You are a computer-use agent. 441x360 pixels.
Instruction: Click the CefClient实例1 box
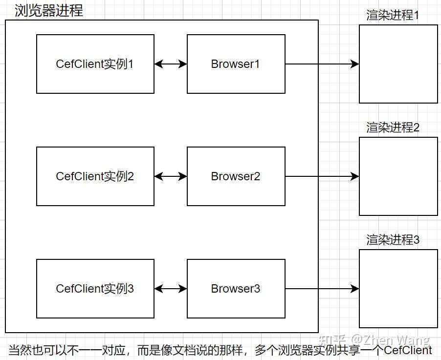95,64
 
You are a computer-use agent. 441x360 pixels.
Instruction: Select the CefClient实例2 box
95,176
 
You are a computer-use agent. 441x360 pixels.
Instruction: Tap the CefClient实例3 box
95,289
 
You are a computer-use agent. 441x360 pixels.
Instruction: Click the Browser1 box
236,64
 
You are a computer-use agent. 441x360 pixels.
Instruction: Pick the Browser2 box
236,176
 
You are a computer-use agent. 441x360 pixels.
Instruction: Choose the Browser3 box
236,289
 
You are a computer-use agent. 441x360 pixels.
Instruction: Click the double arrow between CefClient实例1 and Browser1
171,64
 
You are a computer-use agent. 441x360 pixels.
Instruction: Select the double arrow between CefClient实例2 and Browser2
171,176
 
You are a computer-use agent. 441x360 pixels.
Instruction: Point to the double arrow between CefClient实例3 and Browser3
171,289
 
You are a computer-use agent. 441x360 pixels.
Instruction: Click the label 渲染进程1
393,15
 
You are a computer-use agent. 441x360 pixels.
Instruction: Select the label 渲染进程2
393,127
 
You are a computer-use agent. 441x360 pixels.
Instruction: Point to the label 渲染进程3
393,240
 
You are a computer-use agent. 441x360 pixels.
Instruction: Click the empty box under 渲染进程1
398,64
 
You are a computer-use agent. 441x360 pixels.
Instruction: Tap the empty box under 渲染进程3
398,289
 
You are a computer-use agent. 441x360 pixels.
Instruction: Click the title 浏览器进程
49,10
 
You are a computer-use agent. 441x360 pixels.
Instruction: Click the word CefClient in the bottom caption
408,350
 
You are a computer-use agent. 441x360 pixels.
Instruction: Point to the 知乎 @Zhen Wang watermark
374,339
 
